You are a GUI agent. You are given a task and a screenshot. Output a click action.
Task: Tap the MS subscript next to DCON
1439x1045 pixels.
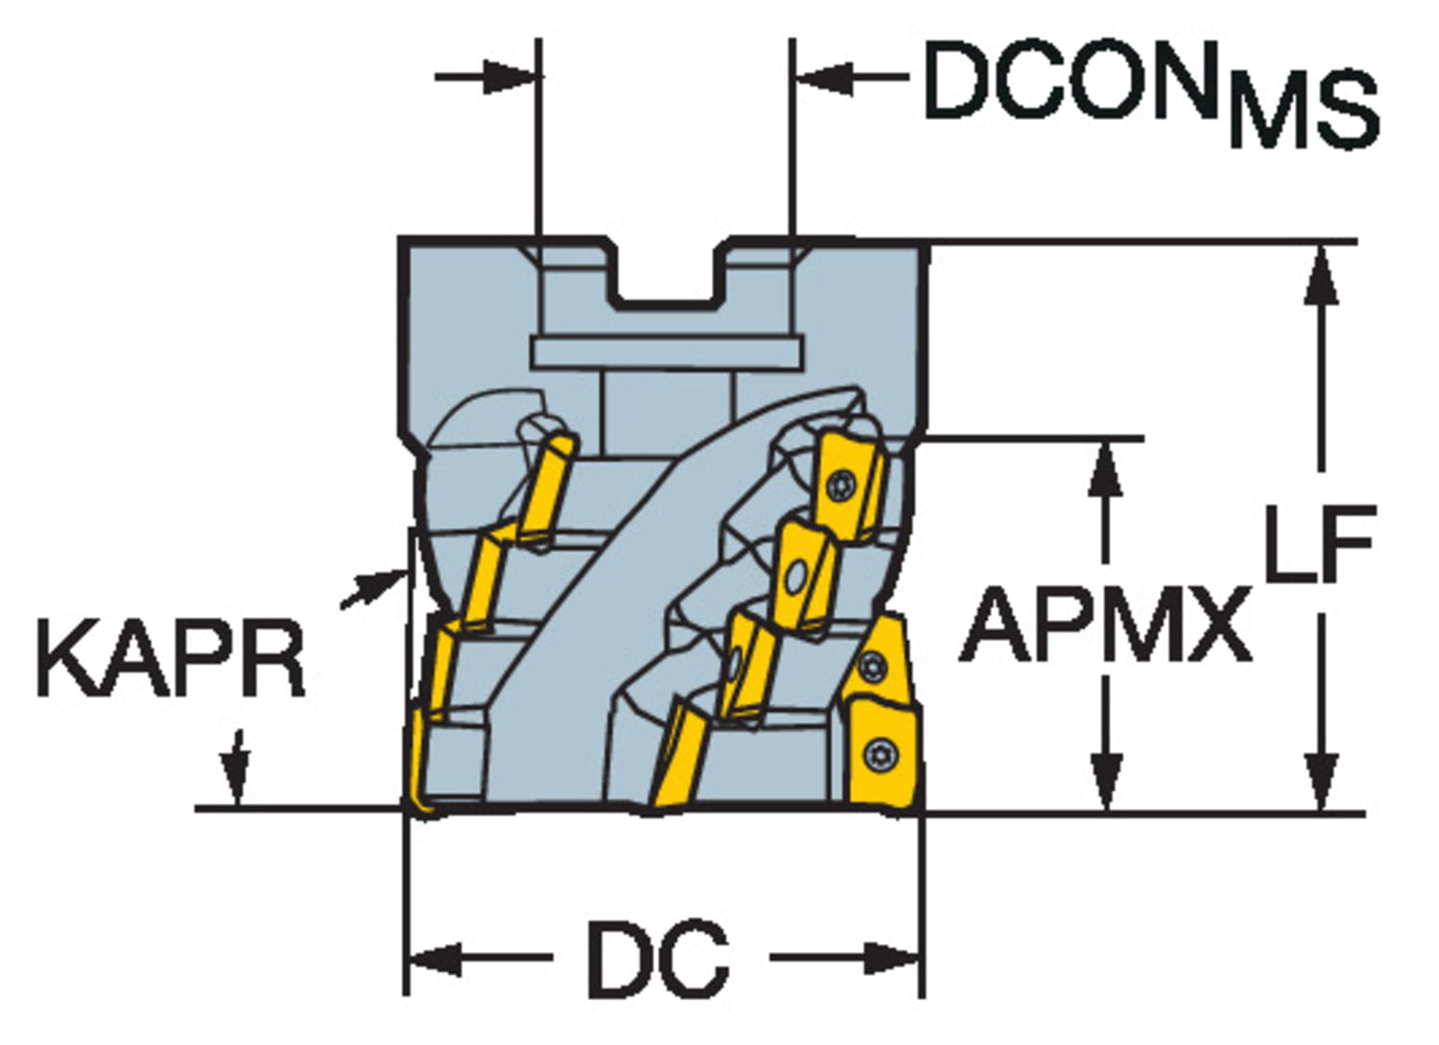coord(1305,111)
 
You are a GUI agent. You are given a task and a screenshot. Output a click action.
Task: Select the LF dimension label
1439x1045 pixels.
coord(1320,544)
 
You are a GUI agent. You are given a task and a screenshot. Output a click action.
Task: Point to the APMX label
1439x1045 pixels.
coord(1106,626)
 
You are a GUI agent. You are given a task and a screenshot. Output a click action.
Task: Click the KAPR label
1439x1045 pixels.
coord(170,659)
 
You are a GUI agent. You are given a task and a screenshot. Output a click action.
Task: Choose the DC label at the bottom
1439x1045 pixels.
coord(657,959)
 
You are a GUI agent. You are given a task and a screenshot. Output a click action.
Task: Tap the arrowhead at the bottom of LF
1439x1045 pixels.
coord(1323,781)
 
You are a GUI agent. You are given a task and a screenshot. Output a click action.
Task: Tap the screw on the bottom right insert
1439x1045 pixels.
coord(880,754)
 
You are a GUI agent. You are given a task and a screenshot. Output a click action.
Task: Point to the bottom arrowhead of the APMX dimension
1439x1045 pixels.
coord(1107,781)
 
